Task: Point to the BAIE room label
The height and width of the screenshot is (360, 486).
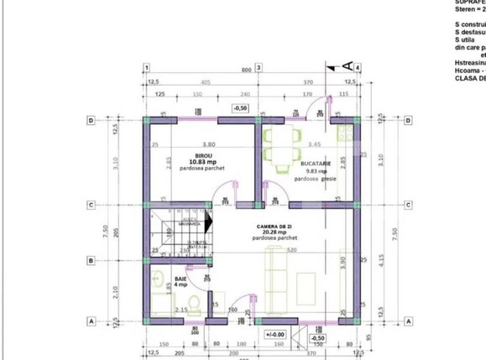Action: [180, 278]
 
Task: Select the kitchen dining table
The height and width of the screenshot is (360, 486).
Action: [281, 144]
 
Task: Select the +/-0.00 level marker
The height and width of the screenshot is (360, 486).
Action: [275, 334]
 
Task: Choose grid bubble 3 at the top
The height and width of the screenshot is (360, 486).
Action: [259, 67]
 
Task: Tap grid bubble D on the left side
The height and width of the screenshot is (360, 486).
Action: [90, 120]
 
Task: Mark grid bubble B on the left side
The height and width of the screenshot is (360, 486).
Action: [90, 261]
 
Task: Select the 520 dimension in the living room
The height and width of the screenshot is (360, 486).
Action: [290, 250]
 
